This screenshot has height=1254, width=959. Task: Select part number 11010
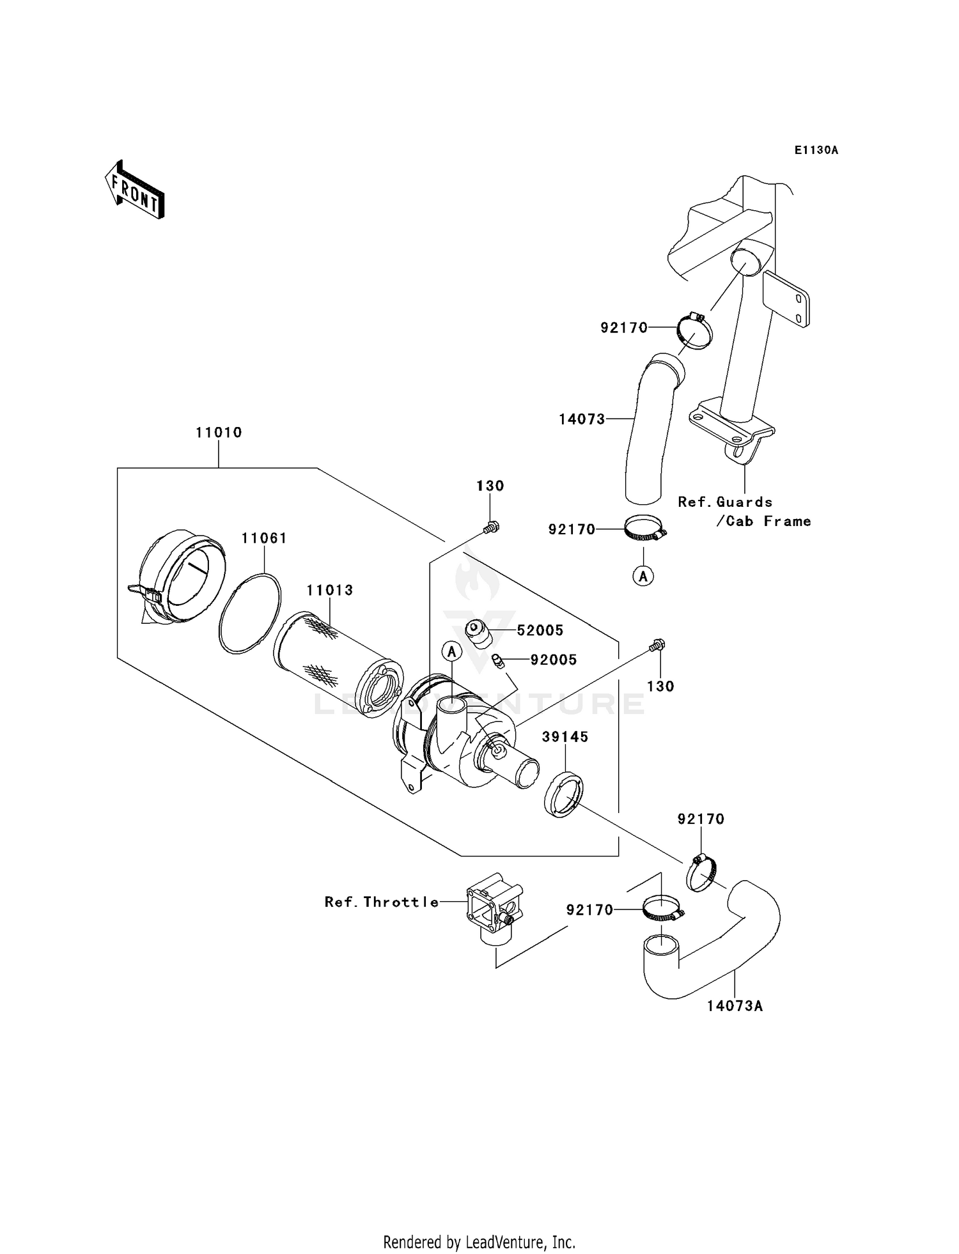(x=219, y=433)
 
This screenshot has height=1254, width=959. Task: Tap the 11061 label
(x=264, y=538)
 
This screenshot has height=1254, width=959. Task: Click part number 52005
(x=540, y=630)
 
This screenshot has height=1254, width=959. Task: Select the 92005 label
(x=553, y=660)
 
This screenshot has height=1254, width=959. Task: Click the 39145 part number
(x=565, y=737)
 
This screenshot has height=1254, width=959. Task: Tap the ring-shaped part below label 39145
(x=563, y=795)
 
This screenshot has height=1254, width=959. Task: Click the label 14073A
(x=735, y=1006)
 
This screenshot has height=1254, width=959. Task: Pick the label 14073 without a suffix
(x=581, y=419)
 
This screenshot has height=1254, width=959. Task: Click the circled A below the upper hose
(x=643, y=576)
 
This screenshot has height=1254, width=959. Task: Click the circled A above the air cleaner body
(x=451, y=651)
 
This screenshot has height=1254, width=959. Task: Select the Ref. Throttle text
(x=382, y=902)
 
